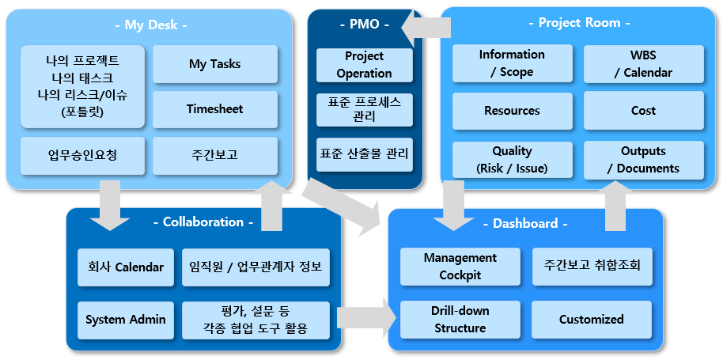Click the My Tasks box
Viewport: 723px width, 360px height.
click(215, 63)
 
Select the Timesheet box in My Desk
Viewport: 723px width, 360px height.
click(215, 109)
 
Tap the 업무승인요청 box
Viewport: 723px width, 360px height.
click(82, 155)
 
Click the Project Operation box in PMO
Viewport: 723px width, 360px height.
click(364, 65)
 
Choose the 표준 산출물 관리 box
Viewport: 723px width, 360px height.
click(364, 154)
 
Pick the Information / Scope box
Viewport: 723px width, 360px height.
click(513, 63)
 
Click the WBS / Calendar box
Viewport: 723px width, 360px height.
click(644, 63)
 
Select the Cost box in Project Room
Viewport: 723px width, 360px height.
click(644, 111)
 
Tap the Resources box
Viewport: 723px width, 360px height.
click(513, 111)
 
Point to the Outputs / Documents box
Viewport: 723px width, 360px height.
click(644, 160)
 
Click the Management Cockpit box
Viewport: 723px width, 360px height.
click(460, 267)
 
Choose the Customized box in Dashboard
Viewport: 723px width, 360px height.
click(592, 320)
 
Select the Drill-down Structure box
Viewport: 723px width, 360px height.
click(460, 320)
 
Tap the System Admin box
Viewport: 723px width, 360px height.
click(126, 320)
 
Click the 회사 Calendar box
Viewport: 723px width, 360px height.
click(126, 267)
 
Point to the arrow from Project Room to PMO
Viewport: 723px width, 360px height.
click(426, 30)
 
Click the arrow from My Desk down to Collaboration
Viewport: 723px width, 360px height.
click(110, 205)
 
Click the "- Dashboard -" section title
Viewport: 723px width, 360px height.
click(525, 224)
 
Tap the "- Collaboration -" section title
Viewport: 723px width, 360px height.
click(203, 222)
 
